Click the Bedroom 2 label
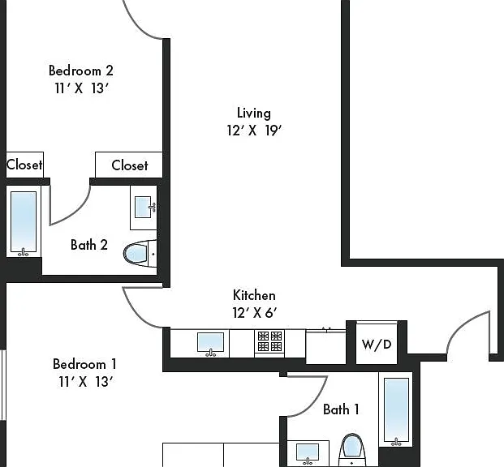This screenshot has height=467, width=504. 81,71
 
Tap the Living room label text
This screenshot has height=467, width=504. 254,113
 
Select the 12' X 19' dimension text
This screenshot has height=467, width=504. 254,131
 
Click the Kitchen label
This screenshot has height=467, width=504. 254,295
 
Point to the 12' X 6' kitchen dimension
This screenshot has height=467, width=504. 255,312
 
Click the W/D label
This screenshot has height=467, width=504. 377,345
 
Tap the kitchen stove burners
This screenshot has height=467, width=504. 269,341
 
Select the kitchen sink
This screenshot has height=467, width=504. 210,344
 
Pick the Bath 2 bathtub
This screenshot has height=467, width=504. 24,221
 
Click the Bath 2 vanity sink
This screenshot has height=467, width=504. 144,208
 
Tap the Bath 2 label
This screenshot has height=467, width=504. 89,245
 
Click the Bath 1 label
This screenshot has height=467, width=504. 341,409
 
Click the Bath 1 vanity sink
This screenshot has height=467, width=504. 308,453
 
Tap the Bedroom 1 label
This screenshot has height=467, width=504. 84,364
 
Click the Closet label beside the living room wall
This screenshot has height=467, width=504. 130,165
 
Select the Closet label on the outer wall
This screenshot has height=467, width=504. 24,165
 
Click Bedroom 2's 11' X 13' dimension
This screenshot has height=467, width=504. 82,88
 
